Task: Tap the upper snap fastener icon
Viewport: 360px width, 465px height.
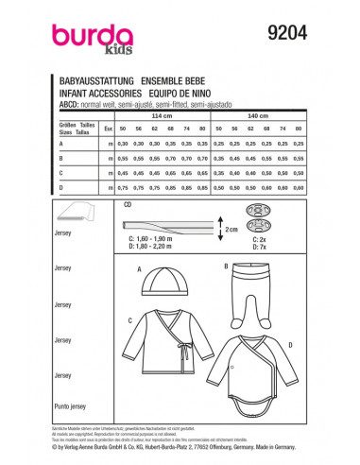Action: pos(283,211)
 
